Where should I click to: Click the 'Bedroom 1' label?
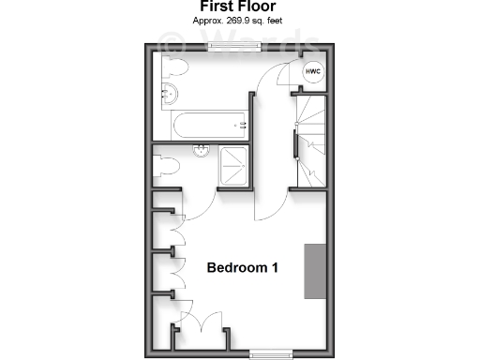coord(243,267)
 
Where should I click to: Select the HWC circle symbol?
coord(313,73)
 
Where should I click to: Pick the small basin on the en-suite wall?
coord(201,150)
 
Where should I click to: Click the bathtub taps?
coord(242,122)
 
